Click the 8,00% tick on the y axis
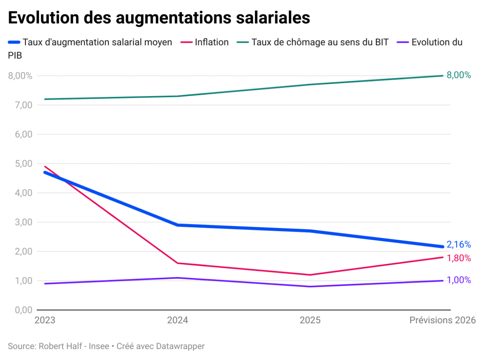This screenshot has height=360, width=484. click(x=20, y=75)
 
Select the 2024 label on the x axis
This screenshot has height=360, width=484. click(x=177, y=320)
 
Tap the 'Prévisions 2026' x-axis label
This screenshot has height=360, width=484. click(x=442, y=320)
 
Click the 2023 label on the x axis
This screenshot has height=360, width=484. click(x=45, y=320)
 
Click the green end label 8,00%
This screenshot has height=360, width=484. click(x=459, y=75)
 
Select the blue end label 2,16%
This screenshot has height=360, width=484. click(x=459, y=245)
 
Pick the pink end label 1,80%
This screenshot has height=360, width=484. click(x=459, y=258)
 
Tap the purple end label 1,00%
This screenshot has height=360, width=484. click(x=459, y=280)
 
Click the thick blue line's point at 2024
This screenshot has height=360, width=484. click(x=177, y=225)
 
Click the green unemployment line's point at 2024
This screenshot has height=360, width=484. click(x=177, y=96)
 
